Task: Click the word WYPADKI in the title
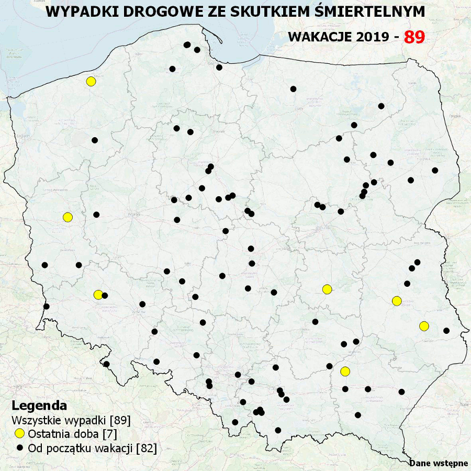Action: (x=78, y=12)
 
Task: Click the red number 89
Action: (x=414, y=37)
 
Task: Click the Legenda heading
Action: (x=39, y=406)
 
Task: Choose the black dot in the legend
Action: (x=20, y=447)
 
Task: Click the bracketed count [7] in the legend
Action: (x=109, y=434)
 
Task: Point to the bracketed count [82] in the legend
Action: (x=146, y=447)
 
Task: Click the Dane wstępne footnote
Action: (x=439, y=463)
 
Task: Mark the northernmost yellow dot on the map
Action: (x=91, y=81)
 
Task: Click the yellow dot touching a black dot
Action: (x=98, y=295)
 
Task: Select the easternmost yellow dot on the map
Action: (x=424, y=326)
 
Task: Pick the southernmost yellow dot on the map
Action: (x=345, y=372)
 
